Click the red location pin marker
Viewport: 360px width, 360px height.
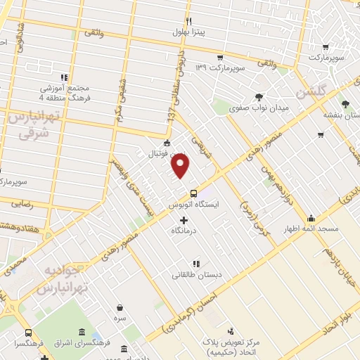181,166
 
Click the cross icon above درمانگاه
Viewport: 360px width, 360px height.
184,221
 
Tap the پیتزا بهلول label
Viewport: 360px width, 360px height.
191,32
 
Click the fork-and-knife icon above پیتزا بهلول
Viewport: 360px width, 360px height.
188,21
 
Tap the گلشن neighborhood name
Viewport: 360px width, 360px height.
311,91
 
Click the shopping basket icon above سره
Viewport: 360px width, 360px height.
121,308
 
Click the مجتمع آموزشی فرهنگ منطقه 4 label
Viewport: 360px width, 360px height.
63,94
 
